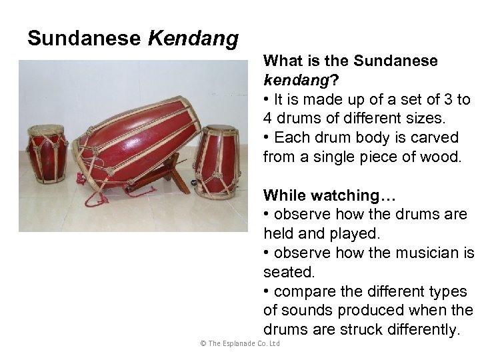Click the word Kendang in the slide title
[193, 39]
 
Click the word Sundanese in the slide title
[85, 39]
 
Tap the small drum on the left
[46, 155]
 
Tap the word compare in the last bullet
[302, 291]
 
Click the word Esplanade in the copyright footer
[239, 344]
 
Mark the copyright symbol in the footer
[203, 344]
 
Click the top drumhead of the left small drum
[45, 130]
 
